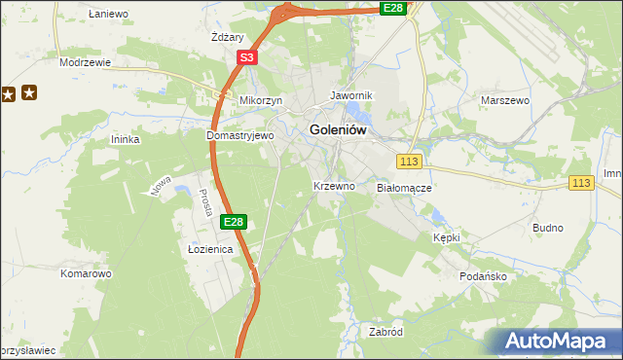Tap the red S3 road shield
pos(246,58)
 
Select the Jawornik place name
pos(351,96)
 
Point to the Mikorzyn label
pos(260,100)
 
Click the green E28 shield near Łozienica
pos(233,223)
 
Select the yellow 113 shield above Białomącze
pos(408,161)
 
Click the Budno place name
pos(548,228)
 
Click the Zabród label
pos(385,332)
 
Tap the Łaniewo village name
pos(108,14)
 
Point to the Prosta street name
pos(205,201)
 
